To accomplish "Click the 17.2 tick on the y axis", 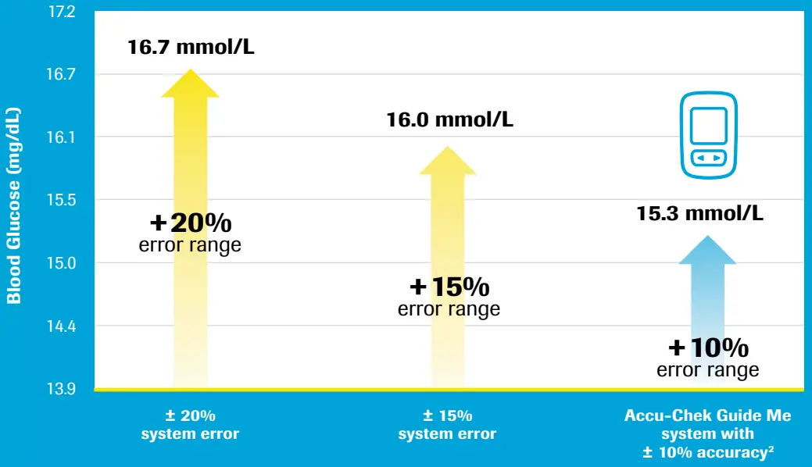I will pyautogui.click(x=61, y=12).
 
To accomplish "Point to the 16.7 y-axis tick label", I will pyautogui.click(x=61, y=75).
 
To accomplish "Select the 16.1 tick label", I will pyautogui.click(x=61, y=137).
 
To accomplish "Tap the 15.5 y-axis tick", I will pyautogui.click(x=61, y=200).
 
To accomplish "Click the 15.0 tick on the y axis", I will pyautogui.click(x=61, y=263).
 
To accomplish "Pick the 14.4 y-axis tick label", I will pyautogui.click(x=61, y=326).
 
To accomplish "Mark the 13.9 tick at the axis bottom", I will pyautogui.click(x=61, y=388).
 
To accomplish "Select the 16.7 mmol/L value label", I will pyautogui.click(x=191, y=48).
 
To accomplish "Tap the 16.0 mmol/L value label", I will pyautogui.click(x=449, y=120).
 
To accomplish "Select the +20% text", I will pyautogui.click(x=191, y=223).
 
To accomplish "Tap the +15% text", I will pyautogui.click(x=449, y=287).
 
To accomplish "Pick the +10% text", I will pyautogui.click(x=708, y=347).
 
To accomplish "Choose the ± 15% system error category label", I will pyautogui.click(x=447, y=425).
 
